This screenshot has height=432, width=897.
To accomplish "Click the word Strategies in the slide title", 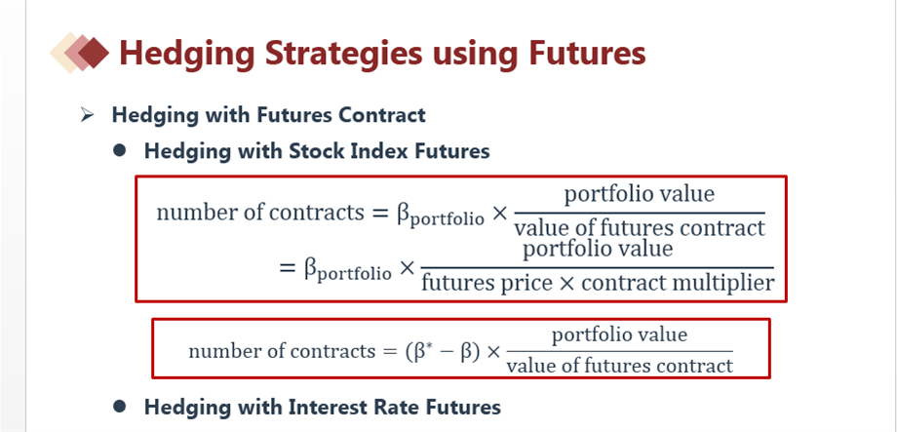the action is [342, 54].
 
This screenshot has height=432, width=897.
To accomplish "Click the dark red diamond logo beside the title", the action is [94, 53].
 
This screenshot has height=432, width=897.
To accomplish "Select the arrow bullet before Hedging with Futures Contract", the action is [87, 115].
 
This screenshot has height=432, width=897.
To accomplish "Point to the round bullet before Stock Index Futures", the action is [120, 150].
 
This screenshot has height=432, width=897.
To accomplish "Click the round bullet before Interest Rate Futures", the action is [120, 407].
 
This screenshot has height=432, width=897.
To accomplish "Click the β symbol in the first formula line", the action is [405, 214].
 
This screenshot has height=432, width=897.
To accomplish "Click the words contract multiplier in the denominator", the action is [678, 283].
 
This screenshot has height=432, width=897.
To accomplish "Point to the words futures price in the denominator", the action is [487, 283].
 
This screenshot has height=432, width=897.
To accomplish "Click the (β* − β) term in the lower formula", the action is [443, 351].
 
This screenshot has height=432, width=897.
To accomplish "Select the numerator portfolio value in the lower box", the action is [619, 334].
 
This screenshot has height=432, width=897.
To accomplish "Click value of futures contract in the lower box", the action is [619, 365].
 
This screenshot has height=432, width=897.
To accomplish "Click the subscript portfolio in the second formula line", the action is [354, 273].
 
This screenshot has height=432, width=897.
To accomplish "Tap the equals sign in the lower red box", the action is [387, 351].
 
